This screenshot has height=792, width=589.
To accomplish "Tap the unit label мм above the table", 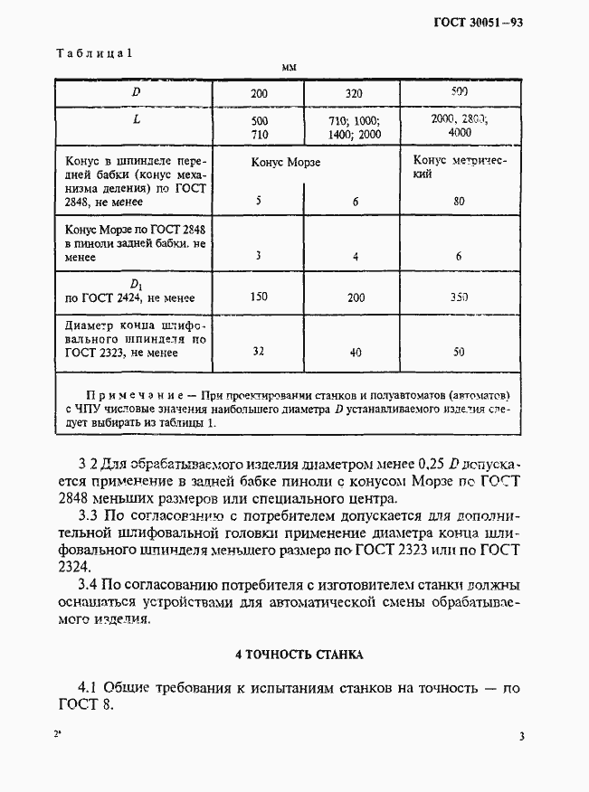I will [x=289, y=68].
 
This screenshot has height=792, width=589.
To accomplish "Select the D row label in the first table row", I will [x=136, y=92].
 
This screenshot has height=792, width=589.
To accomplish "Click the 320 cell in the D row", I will [x=355, y=93].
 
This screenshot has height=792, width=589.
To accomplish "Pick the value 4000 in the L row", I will [x=459, y=132].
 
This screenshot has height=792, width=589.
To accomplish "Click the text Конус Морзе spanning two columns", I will [x=286, y=163].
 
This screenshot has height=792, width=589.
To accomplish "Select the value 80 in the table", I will [x=459, y=202].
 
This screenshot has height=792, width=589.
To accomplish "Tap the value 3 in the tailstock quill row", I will [x=258, y=256].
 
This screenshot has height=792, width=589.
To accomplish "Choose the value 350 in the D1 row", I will [x=459, y=297].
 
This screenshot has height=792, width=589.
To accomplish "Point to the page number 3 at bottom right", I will [x=522, y=736].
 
